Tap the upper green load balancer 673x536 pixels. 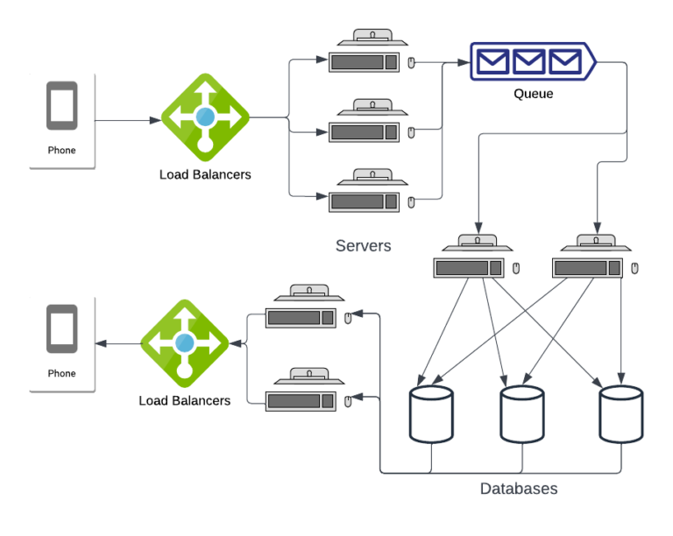(205, 116)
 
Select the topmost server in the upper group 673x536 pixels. (368, 56)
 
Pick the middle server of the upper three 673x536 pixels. (368, 126)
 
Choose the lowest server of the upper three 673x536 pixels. (368, 195)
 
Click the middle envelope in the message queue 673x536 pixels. (528, 61)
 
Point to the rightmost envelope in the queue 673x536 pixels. (563, 61)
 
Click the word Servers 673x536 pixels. (364, 246)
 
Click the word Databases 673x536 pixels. (519, 489)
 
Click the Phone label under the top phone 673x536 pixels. (61, 151)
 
